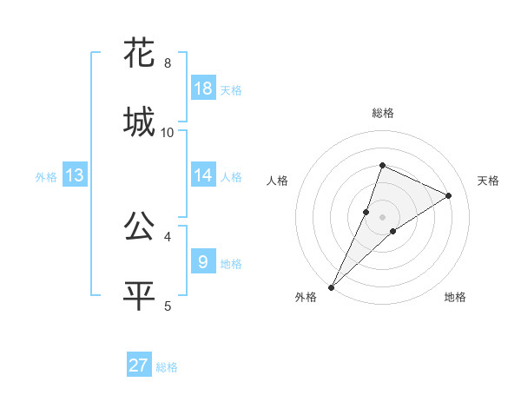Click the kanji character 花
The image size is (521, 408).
[140, 54]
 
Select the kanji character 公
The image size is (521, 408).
[140, 227]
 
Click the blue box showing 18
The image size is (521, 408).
[203, 89]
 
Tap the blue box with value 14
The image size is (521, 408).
[203, 175]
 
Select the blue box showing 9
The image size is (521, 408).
[203, 261]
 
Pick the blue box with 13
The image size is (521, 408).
[75, 175]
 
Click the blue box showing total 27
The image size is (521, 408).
[139, 365]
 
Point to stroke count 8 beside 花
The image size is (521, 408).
[168, 63]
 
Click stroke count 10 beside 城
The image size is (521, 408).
[168, 132]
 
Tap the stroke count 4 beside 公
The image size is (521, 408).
[168, 236]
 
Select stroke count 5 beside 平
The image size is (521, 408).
[168, 305]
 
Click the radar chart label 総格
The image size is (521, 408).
[383, 113]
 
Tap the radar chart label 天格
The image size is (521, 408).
[488, 181]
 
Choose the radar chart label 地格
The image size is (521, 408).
[455, 298]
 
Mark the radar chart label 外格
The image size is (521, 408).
[306, 298]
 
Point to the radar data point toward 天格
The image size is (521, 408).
[449, 195]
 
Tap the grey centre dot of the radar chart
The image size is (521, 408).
[383, 216]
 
